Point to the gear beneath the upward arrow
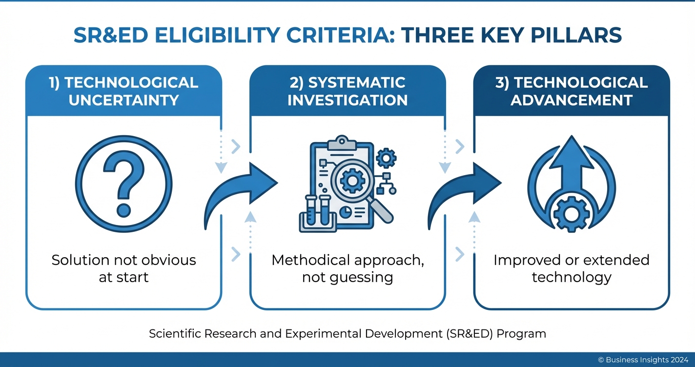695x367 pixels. pyautogui.click(x=572, y=214)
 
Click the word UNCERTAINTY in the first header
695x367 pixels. pyautogui.click(x=123, y=100)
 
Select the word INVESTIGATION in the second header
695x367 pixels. pyautogui.click(x=347, y=100)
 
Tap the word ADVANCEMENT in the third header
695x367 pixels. pyautogui.click(x=572, y=100)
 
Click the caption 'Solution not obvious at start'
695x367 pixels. pyautogui.click(x=123, y=268)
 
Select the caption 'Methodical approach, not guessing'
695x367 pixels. pyautogui.click(x=347, y=268)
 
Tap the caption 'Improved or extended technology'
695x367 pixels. pyautogui.click(x=572, y=268)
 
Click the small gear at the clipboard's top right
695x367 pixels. pyautogui.click(x=387, y=158)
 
